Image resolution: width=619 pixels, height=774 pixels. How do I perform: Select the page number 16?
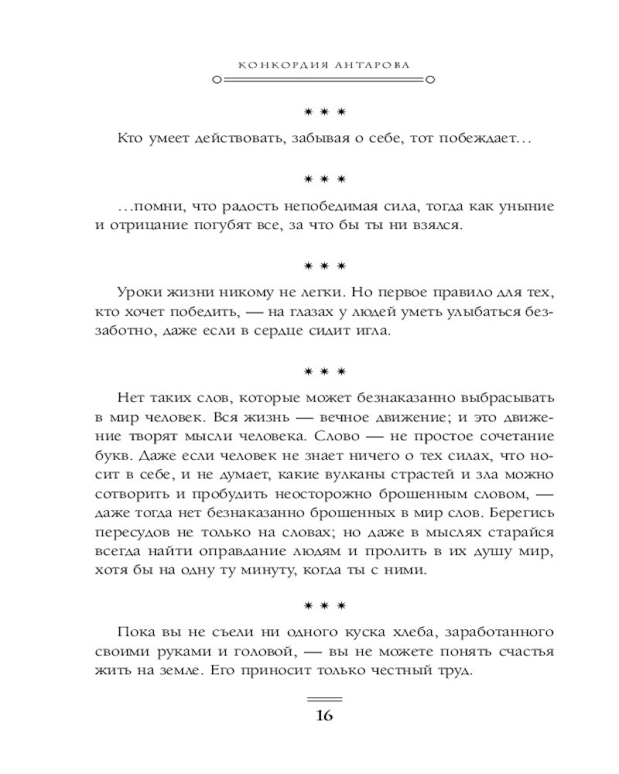(x=323, y=715)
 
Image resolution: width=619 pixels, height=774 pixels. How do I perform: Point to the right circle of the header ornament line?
(x=431, y=80)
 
